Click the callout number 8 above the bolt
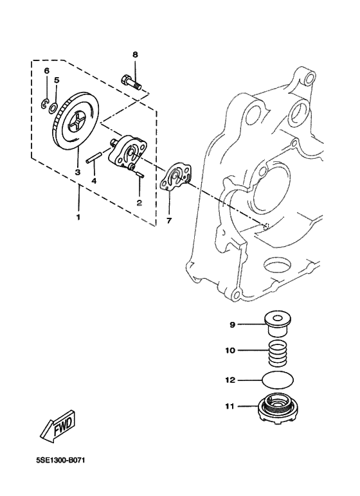pos(135,55)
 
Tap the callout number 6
pos(46,70)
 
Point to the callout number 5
pos(57,80)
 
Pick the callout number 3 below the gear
pos(77,172)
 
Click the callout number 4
pos(94,181)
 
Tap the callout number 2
pos(139,202)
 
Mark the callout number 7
pos(169,221)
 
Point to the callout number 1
pos(78,217)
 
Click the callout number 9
pos(233,324)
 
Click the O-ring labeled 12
pos(280,380)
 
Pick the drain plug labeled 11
pos(280,407)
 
